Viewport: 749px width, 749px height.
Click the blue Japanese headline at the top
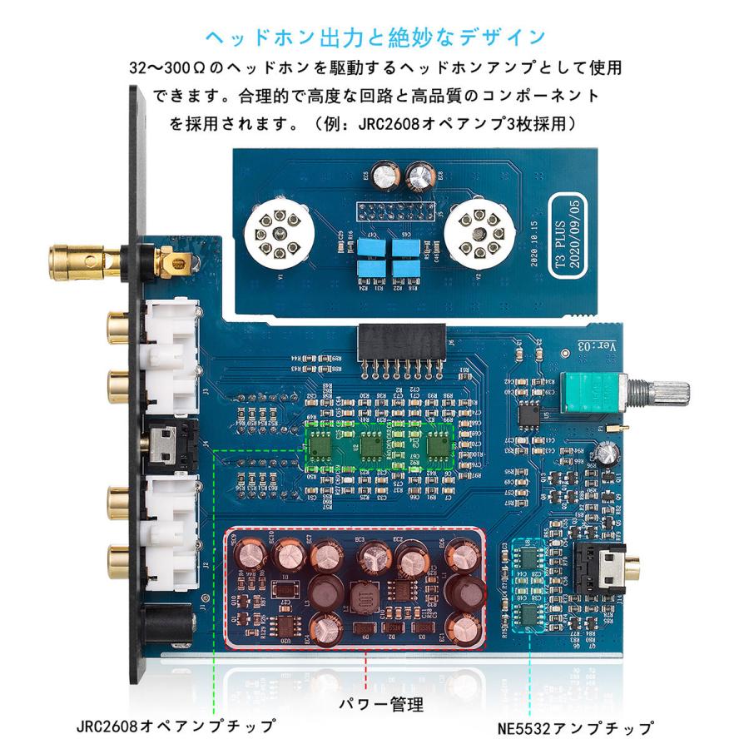point(374,37)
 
